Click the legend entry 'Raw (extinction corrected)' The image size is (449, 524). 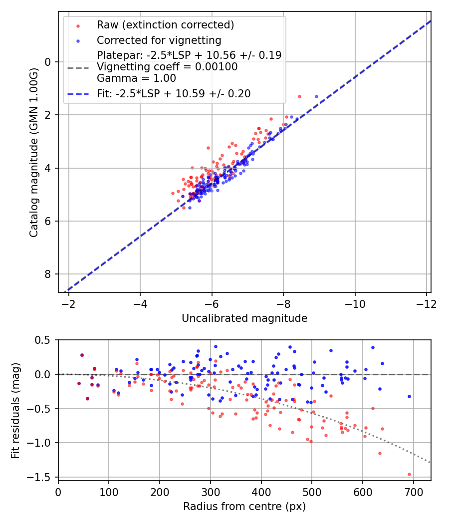165,25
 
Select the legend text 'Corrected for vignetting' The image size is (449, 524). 159,40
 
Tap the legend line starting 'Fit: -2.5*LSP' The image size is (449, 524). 174,93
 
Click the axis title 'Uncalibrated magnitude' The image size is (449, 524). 244,318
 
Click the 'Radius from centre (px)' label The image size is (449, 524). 244,507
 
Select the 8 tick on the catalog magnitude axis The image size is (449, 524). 48,274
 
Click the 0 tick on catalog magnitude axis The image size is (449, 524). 48,62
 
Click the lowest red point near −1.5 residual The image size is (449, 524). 409,474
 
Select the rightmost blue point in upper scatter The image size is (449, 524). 316,96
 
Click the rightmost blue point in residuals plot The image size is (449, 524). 409,396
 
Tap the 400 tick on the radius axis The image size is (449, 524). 261,491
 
